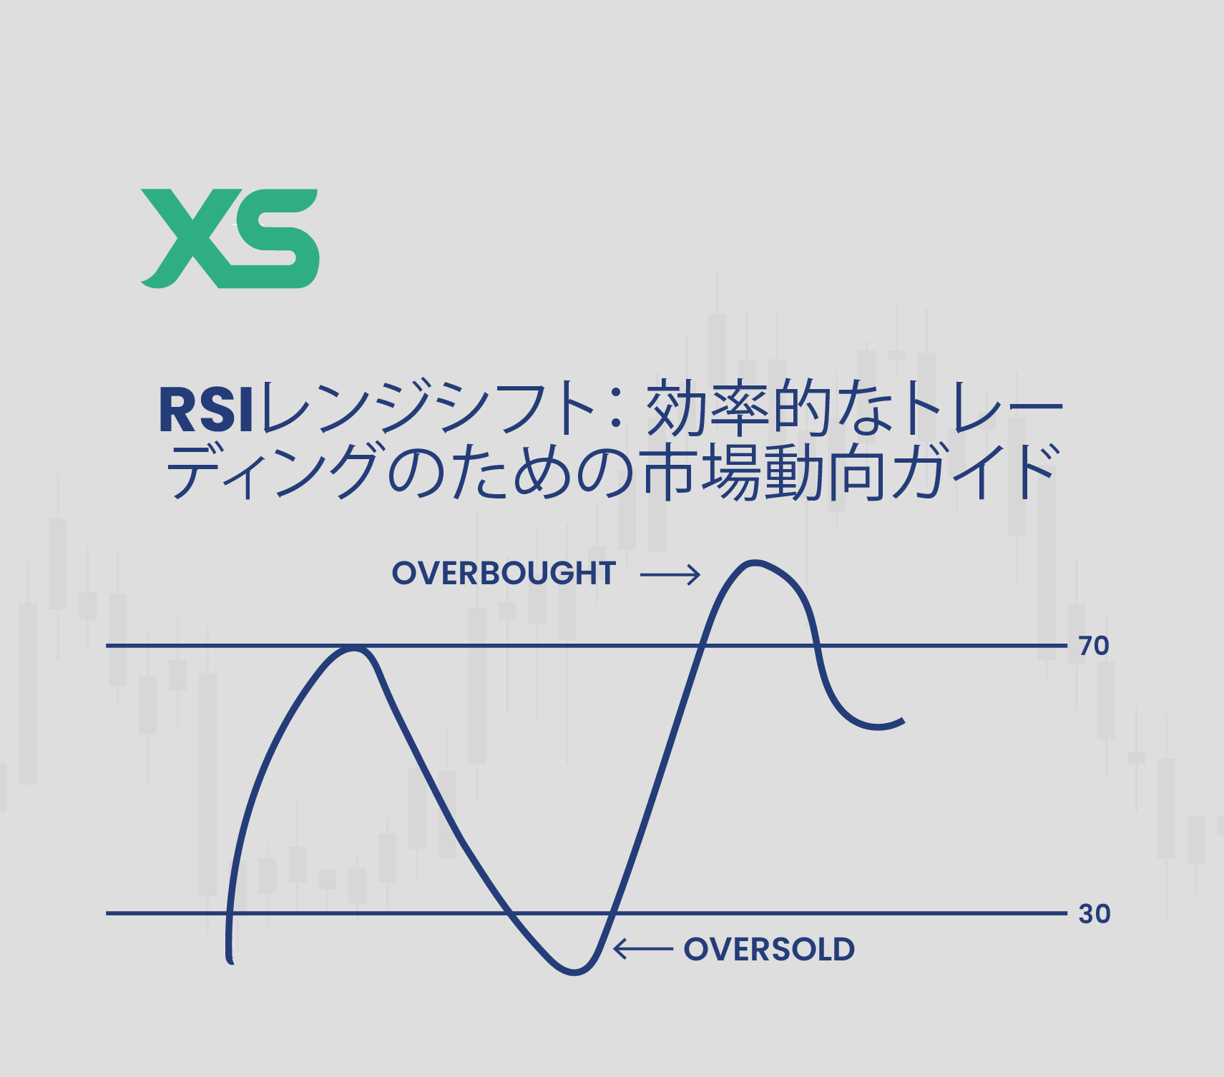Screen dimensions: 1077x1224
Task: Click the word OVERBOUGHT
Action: (x=504, y=574)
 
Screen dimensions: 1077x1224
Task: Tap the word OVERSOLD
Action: (x=769, y=950)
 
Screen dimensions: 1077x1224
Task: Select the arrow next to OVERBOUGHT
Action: (x=670, y=574)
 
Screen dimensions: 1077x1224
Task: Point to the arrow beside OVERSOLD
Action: (x=642, y=949)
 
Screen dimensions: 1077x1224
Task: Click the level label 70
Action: (x=1094, y=646)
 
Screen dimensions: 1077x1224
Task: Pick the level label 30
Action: (x=1094, y=914)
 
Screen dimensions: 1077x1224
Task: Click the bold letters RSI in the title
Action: (x=206, y=410)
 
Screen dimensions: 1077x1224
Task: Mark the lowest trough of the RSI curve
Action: (x=574, y=972)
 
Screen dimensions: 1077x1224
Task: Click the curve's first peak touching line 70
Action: (x=353, y=648)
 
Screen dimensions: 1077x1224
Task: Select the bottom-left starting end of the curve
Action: (x=230, y=960)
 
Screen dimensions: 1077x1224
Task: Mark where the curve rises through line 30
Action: (x=611, y=913)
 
